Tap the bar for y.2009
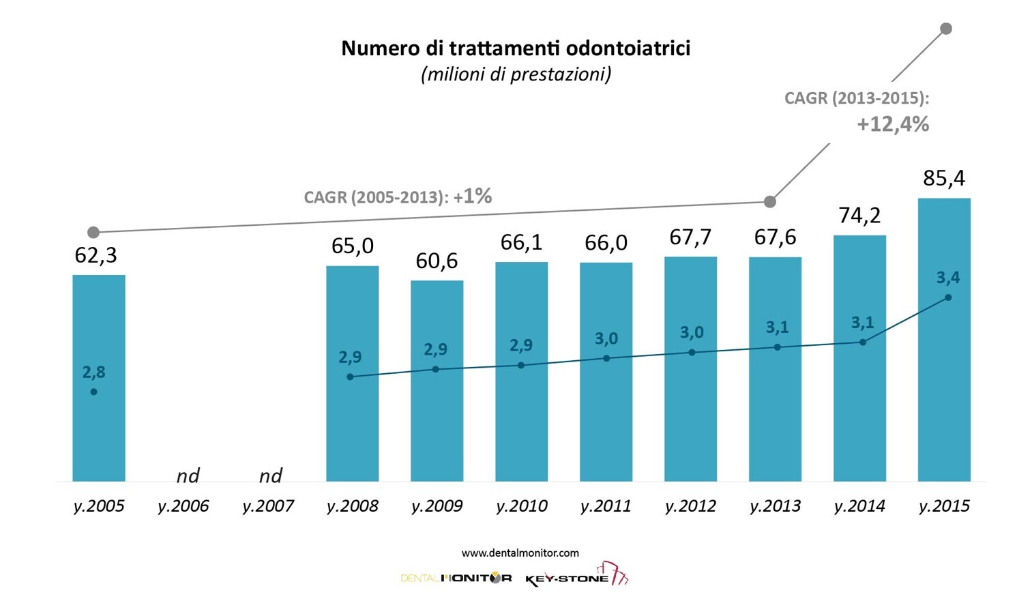(437, 423)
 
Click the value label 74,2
(859, 216)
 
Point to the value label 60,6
(437, 261)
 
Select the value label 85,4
(944, 178)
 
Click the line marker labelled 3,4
(948, 297)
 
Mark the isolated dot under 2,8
(93, 392)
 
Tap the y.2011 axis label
(606, 506)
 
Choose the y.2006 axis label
(183, 506)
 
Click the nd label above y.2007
(270, 476)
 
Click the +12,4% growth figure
(893, 124)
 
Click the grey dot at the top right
(946, 29)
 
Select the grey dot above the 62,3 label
(93, 233)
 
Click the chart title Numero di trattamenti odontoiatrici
(516, 48)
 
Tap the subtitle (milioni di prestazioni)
(516, 74)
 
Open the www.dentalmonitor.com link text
(520, 553)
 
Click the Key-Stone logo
(576, 576)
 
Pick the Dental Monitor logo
(456, 579)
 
